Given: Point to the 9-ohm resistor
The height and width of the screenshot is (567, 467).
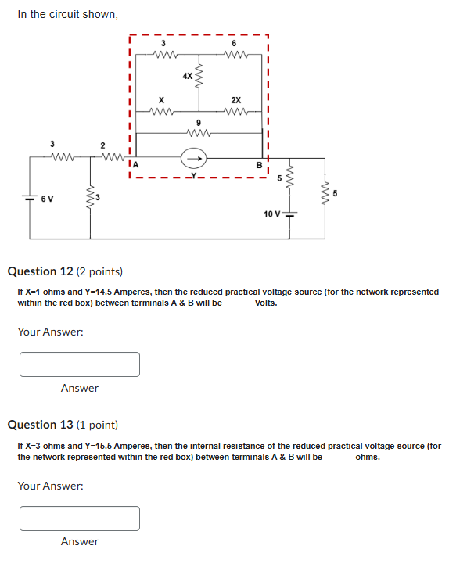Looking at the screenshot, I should click(x=198, y=133).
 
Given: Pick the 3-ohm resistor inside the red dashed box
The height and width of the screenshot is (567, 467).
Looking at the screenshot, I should click(x=165, y=55).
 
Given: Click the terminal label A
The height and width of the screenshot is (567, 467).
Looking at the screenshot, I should click(x=135, y=165).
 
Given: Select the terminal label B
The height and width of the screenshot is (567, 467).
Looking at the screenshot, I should click(x=259, y=165).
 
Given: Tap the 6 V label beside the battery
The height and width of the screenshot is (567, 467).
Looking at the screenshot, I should click(x=47, y=198).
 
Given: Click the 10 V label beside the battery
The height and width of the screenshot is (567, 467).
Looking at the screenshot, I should click(x=271, y=214).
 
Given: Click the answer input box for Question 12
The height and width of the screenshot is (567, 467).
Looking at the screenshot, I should click(x=80, y=364).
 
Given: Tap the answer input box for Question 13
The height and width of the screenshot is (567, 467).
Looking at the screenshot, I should click(x=80, y=518).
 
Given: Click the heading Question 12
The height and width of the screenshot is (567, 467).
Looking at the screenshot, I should click(x=41, y=271).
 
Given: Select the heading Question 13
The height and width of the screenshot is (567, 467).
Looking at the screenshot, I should click(x=41, y=425).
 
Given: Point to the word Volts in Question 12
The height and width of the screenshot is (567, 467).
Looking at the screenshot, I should click(x=266, y=303).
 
